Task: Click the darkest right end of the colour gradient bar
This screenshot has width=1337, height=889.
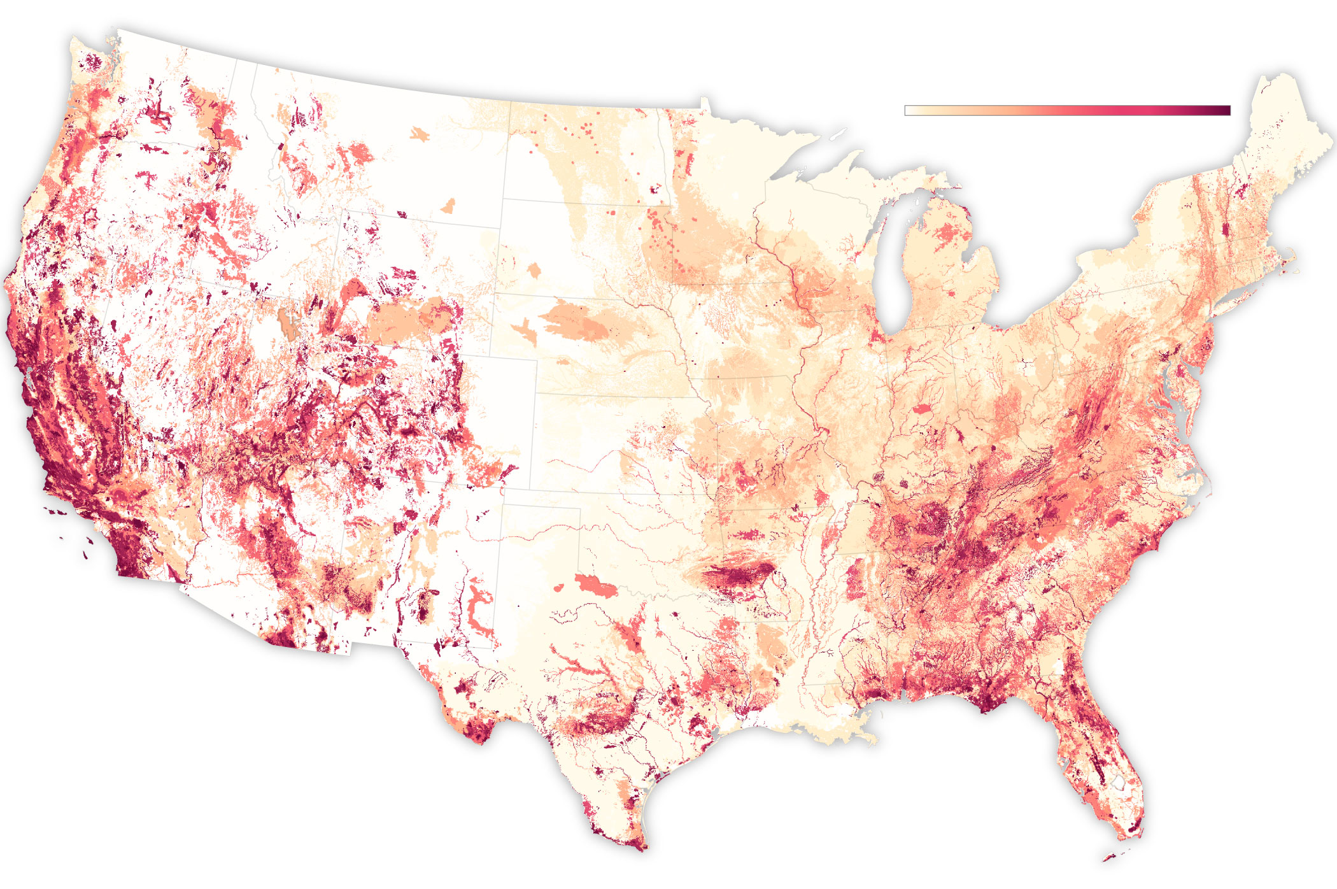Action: [1227, 110]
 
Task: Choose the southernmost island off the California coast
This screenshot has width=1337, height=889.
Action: [86, 555]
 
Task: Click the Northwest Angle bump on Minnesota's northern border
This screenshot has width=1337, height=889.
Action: [704, 102]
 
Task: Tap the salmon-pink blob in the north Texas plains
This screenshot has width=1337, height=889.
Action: [595, 586]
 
